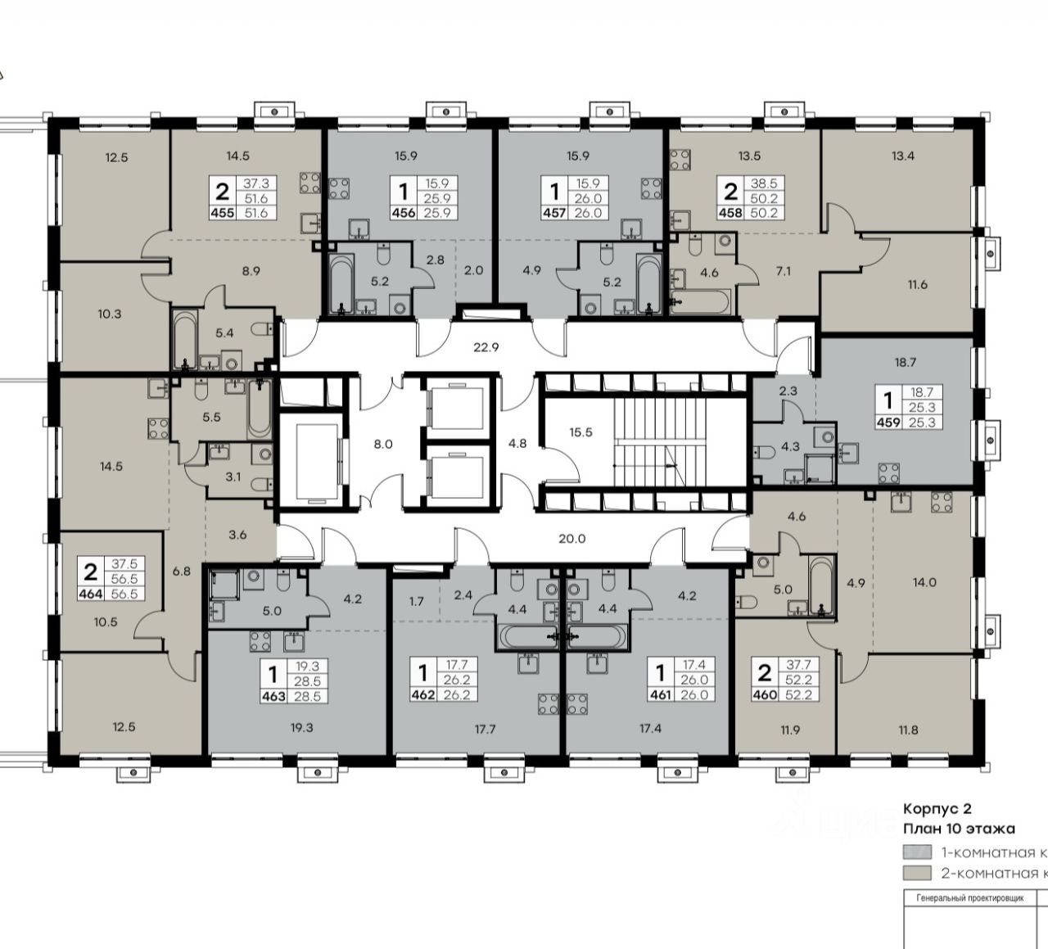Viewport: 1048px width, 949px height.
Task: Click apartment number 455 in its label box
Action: coord(223,213)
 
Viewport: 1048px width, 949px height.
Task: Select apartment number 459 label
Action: coord(888,422)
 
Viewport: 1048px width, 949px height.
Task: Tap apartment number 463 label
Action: coord(273,696)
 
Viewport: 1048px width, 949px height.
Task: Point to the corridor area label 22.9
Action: coord(486,347)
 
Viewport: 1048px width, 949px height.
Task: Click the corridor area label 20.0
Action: coord(572,538)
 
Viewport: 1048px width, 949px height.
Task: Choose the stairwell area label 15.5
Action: coord(581,432)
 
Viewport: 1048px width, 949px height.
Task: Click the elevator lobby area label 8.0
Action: coord(383,444)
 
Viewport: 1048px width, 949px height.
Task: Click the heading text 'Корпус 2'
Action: coord(937,808)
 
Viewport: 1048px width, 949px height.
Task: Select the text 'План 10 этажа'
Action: coord(960,829)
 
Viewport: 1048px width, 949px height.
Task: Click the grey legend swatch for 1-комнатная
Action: coord(917,853)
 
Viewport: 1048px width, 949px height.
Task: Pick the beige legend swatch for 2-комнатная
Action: coord(917,873)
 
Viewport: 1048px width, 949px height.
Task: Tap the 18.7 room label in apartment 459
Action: coord(906,362)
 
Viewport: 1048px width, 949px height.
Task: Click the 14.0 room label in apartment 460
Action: coord(924,582)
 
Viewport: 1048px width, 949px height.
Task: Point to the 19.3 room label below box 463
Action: coord(301,727)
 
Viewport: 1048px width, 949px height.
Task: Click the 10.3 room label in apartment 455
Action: coord(110,314)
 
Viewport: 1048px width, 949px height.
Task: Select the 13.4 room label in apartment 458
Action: coord(903,156)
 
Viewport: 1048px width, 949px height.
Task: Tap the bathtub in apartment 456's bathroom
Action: coord(341,283)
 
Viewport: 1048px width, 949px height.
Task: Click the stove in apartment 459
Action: coord(888,473)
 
